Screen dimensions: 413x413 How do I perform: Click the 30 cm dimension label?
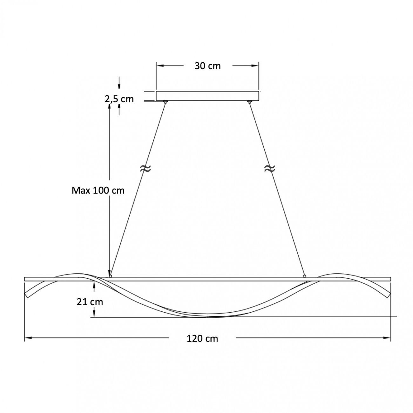click(x=207, y=66)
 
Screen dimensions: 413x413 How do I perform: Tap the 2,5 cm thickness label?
click(x=119, y=99)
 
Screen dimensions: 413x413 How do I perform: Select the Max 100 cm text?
click(x=98, y=190)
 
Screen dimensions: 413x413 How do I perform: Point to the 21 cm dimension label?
click(x=90, y=302)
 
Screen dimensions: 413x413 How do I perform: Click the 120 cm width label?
click(x=202, y=339)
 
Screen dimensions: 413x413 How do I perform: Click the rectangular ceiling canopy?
click(x=207, y=96)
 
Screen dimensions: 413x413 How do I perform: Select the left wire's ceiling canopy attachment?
click(x=165, y=102)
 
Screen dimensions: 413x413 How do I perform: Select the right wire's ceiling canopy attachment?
click(x=249, y=102)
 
